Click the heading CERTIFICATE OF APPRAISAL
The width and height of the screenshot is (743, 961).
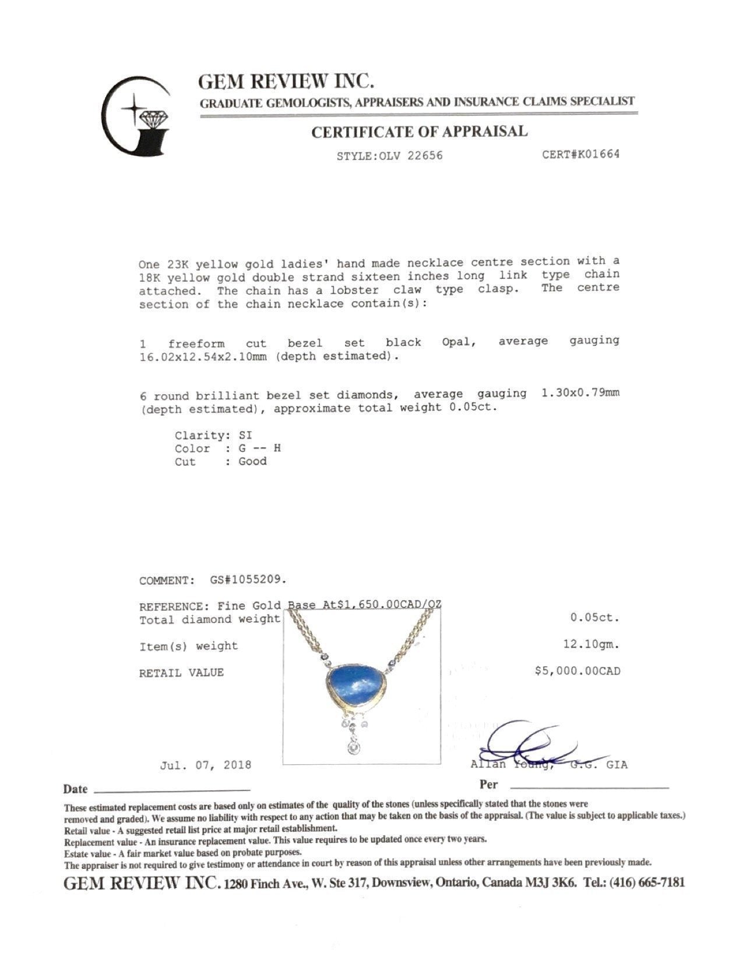419,132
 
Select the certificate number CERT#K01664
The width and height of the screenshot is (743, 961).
580,154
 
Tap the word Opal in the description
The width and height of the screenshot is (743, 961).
459,342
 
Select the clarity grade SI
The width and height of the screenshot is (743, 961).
245,435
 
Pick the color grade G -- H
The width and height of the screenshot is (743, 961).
260,448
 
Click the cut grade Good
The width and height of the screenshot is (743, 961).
252,461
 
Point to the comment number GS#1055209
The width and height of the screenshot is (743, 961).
248,580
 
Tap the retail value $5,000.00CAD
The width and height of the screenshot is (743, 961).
578,671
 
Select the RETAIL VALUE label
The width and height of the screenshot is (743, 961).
181,673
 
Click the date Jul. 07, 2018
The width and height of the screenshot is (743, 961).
205,765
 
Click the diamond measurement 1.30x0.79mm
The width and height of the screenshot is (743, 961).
580,393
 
